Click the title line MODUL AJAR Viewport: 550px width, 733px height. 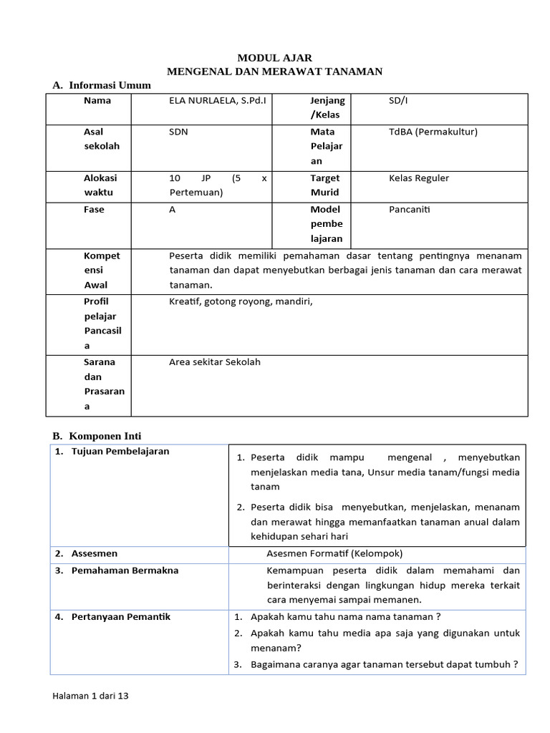pyautogui.click(x=275, y=57)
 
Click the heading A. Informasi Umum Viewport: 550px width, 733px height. pyautogui.click(x=102, y=85)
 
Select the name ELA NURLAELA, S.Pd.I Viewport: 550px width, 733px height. pyautogui.click(x=217, y=101)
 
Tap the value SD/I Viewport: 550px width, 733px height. pyautogui.click(x=397, y=101)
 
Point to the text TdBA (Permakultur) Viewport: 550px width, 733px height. pyautogui.click(x=433, y=132)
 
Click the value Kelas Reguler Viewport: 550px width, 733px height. pyautogui.click(x=419, y=178)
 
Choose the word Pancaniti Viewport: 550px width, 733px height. pyautogui.click(x=410, y=210)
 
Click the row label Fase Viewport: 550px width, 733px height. pyautogui.click(x=94, y=210)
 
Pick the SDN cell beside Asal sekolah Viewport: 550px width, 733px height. pyautogui.click(x=178, y=132)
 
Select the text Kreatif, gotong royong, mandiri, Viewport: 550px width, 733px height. pyautogui.click(x=241, y=301)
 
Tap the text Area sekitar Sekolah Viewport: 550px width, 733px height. pyautogui.click(x=215, y=362)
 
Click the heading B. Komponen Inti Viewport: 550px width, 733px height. pyautogui.click(x=102, y=435)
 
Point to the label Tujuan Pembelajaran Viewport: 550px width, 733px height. pyautogui.click(x=120, y=452)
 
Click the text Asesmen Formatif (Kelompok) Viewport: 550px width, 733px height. pyautogui.click(x=334, y=553)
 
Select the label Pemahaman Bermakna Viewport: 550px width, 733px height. pyautogui.click(x=125, y=571)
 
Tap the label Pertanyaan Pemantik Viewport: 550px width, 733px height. pyautogui.click(x=121, y=616)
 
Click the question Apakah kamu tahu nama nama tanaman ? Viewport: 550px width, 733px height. pyautogui.click(x=344, y=617)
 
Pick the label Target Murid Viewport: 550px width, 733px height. pyautogui.click(x=325, y=185)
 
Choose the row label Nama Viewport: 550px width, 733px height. pyautogui.click(x=97, y=101)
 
